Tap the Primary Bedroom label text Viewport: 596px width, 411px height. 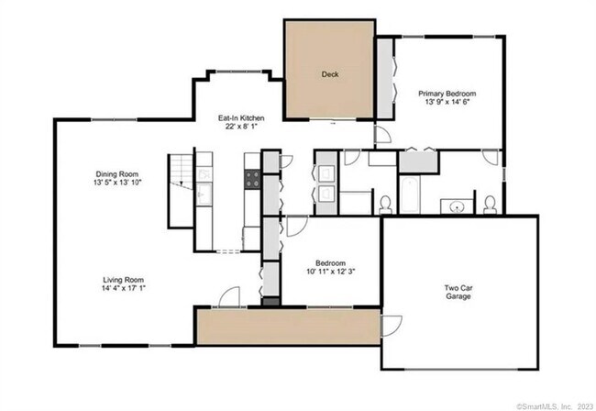point(447,94)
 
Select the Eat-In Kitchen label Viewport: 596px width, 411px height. point(241,118)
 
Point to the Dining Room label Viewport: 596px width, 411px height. point(116,174)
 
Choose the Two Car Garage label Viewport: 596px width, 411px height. point(458,293)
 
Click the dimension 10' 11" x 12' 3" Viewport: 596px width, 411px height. point(329,270)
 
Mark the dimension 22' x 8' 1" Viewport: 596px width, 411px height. point(241,128)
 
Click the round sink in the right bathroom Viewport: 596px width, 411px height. point(452,205)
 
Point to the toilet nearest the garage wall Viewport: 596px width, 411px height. point(491,202)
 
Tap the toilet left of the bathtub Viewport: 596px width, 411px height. point(386,201)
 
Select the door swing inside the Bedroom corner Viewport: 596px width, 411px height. point(297,227)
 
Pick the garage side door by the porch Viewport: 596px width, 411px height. point(391,326)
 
